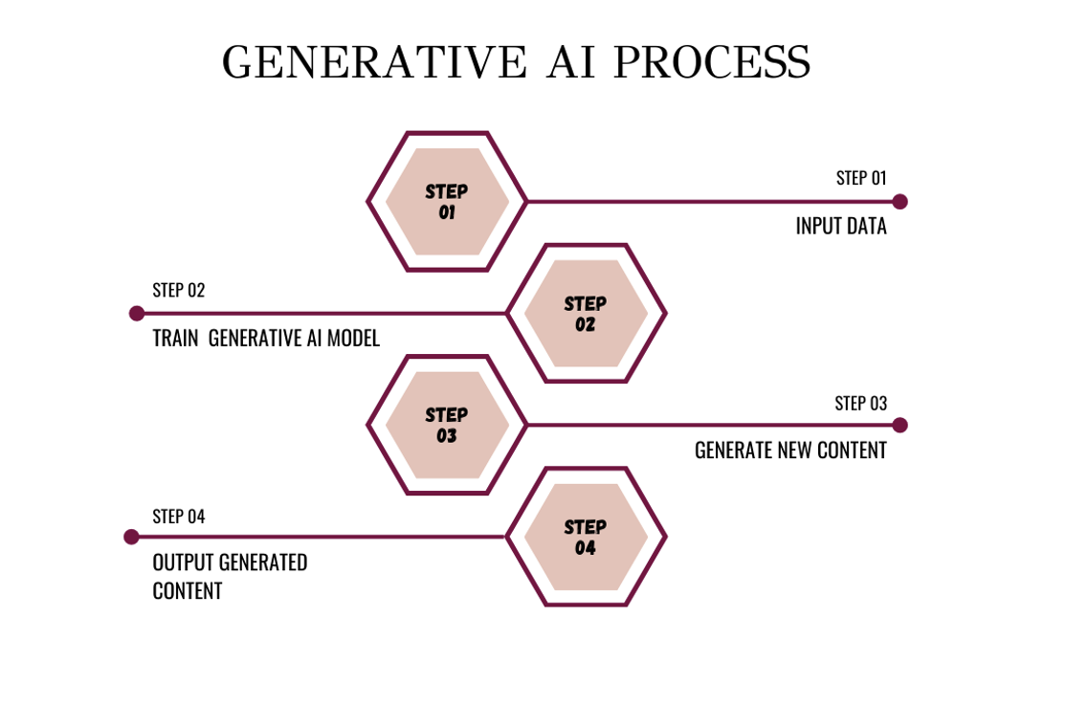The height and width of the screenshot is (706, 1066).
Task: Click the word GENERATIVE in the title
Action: coord(374,62)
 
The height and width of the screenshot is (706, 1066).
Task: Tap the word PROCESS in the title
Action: coord(713,62)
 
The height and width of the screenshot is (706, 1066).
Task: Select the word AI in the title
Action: coord(571,62)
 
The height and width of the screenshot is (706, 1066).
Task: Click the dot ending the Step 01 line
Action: coord(899,202)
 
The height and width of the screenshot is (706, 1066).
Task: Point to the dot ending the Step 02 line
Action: coord(137,313)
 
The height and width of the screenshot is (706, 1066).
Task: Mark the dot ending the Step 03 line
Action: coord(899,426)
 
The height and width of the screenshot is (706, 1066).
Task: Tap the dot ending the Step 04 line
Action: coord(132,537)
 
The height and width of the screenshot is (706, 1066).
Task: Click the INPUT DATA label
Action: coord(841,227)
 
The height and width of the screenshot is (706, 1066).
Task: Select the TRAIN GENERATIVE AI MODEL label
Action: coord(266,338)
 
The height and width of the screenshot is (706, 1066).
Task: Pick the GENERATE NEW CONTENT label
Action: coord(790,450)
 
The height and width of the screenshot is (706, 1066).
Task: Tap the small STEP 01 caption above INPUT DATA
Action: coord(861,178)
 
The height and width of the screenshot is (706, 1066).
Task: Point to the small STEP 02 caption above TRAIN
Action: coord(179,290)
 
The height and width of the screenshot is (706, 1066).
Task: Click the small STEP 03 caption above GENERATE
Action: coord(860,404)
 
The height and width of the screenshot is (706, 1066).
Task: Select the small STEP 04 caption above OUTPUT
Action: coord(179,517)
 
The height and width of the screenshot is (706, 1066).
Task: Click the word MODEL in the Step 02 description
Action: coord(353,338)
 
